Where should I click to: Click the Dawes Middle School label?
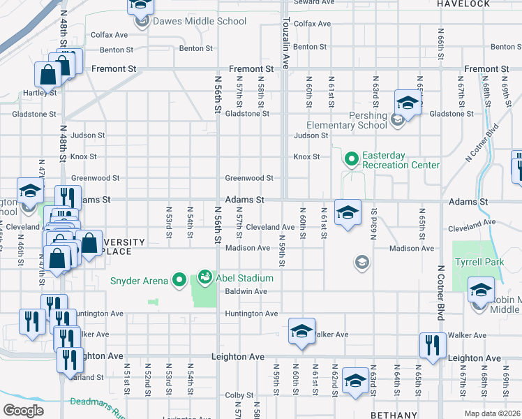pos(190,21)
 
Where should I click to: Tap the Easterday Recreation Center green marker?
pos(350,159)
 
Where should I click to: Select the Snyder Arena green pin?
pos(179,280)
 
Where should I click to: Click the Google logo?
pos(23,411)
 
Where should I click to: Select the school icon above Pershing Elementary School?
pos(408,102)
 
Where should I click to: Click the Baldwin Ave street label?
pos(246,291)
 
